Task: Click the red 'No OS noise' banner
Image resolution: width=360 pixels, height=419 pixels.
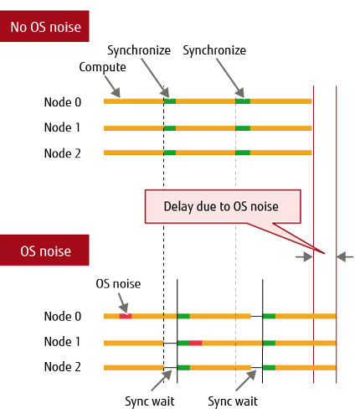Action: [44, 26]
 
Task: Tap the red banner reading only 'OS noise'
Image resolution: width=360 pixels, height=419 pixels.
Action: [44, 250]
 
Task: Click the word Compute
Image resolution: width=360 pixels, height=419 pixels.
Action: [102, 67]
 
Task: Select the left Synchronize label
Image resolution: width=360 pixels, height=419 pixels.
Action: [139, 50]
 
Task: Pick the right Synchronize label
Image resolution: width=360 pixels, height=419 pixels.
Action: [214, 50]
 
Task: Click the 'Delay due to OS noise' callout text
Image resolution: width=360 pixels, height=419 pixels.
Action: [221, 207]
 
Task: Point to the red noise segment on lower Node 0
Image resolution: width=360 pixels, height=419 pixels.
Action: [126, 316]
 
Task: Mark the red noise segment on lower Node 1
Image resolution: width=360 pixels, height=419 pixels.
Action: [196, 343]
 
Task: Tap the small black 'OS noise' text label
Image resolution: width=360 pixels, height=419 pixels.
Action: [118, 284]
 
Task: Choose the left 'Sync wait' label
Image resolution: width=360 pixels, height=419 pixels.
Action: [150, 401]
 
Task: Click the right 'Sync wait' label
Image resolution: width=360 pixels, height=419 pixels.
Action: [233, 401]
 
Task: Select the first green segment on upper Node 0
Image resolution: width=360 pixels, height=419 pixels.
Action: [170, 101]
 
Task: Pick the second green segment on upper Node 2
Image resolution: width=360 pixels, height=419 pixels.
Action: [243, 153]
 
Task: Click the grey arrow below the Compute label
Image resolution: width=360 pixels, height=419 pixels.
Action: [113, 86]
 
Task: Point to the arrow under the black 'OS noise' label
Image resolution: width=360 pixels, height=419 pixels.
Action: [123, 303]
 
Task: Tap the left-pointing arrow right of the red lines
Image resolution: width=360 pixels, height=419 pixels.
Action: [345, 256]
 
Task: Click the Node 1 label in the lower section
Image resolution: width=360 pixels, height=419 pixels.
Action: [62, 342]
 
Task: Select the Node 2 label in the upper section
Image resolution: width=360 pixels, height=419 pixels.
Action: [63, 153]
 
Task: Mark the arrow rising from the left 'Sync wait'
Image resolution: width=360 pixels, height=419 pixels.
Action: [162, 380]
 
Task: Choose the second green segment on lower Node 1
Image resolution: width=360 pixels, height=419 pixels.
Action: [269, 343]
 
